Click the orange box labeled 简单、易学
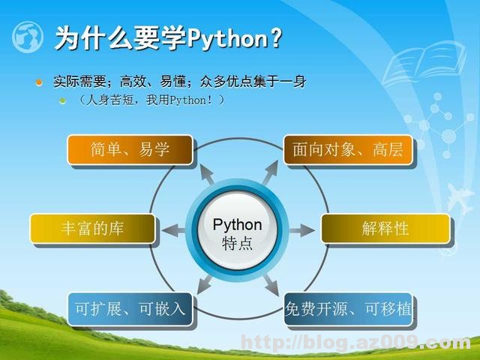click(130, 150)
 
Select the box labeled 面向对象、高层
click(347, 150)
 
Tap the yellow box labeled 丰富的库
click(92, 229)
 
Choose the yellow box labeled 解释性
click(385, 229)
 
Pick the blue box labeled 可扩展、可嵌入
click(130, 309)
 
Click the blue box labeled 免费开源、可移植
click(349, 309)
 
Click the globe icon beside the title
click(28, 37)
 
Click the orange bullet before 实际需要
click(39, 82)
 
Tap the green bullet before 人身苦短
click(64, 100)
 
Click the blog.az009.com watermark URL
click(357, 343)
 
